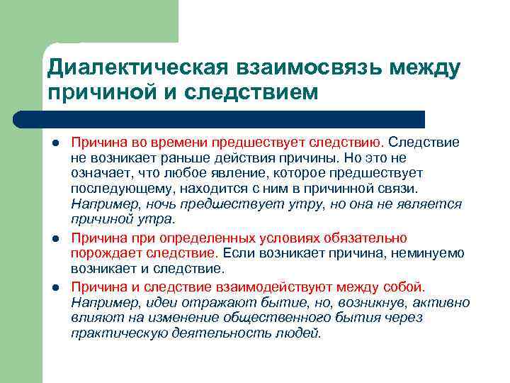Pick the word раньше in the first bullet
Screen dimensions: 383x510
(x=183, y=158)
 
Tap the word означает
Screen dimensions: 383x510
(x=98, y=174)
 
